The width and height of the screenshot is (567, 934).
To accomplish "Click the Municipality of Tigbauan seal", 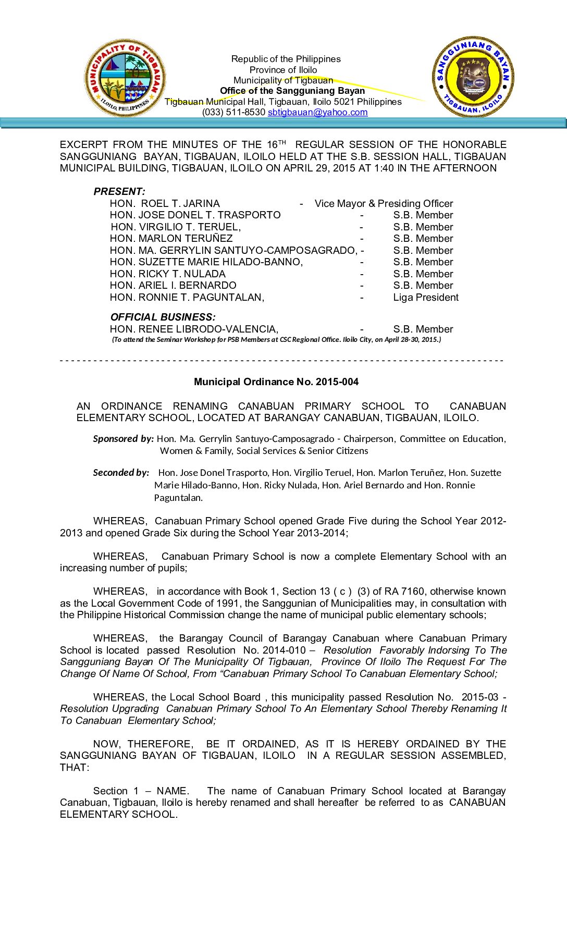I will (x=125, y=78).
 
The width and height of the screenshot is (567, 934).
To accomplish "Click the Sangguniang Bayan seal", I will (x=473, y=77).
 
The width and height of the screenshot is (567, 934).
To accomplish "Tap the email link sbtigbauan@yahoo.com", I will (x=317, y=112).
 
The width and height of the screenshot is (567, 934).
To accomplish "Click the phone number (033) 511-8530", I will (x=233, y=112).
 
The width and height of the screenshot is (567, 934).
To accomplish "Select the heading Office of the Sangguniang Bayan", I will (x=292, y=91).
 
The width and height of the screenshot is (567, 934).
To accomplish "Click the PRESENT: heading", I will (x=119, y=191).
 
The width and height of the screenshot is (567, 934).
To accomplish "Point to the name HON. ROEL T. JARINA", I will (x=165, y=203).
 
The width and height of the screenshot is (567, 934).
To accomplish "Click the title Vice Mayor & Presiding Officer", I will (x=384, y=203).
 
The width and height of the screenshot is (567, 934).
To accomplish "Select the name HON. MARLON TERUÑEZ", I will (x=171, y=238).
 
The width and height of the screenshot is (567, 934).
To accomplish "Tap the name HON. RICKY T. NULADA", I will (x=167, y=274).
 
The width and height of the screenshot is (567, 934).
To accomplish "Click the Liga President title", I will (x=426, y=297).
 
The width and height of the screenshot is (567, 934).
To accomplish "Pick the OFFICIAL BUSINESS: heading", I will (x=163, y=317).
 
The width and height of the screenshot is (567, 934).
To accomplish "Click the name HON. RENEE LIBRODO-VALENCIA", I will (x=194, y=329).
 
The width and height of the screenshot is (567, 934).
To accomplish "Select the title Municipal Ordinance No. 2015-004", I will (x=276, y=382).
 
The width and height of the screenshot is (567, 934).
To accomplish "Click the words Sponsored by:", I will (x=123, y=438).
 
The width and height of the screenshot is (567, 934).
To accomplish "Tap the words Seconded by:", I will (x=121, y=472).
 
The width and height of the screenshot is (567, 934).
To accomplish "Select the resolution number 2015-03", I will (x=480, y=697).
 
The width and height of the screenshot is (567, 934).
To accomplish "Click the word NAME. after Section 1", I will (x=173, y=791).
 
